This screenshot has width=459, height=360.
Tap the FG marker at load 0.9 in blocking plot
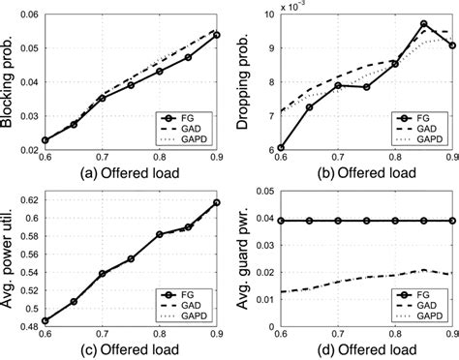coord(216,35)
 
